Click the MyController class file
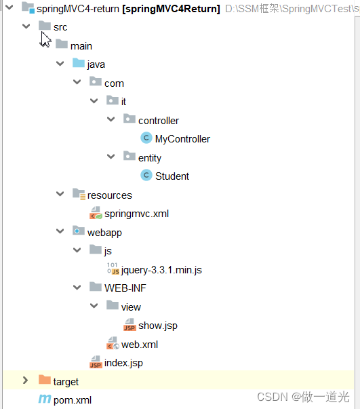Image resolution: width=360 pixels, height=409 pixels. coord(182,139)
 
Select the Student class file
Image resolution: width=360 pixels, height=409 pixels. coord(172,176)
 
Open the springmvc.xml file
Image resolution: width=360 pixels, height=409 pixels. coord(136,214)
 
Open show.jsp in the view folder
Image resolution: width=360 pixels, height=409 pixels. coord(157,326)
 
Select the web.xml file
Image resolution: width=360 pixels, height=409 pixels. coord(139,345)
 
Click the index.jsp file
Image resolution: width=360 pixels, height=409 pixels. coord(123,363)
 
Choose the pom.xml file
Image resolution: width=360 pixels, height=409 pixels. coord(72,400)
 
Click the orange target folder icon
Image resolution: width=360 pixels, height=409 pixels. coord(45,381)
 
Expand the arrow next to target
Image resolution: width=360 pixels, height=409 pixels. coord(26,381)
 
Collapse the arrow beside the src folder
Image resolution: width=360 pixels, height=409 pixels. coord(26,26)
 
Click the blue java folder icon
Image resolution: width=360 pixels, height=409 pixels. coord(79,64)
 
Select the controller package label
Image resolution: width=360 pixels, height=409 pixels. coord(159,121)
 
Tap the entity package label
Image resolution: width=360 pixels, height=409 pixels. coord(150,158)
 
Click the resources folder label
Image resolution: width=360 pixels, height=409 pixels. coord(109,195)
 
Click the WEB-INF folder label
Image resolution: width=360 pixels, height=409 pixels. coord(125,288)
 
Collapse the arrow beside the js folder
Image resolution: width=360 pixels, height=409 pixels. coord(77,251)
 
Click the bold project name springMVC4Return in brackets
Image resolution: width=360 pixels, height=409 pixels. coord(180,9)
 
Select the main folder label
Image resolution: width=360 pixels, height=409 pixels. coord(81,45)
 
